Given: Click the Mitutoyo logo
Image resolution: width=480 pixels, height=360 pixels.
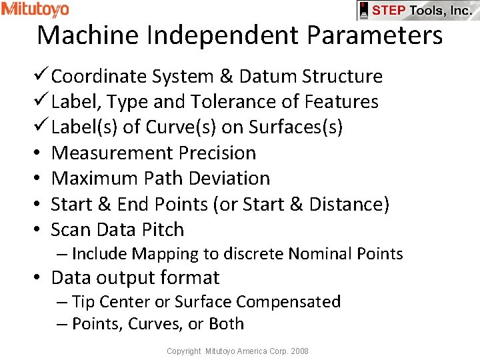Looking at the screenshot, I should [35, 9].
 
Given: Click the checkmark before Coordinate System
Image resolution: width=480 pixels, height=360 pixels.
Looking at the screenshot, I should [43, 76].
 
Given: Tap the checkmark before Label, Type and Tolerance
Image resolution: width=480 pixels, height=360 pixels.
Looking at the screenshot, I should [43, 101].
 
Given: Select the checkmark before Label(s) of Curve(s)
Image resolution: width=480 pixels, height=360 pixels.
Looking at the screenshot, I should [43, 127].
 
